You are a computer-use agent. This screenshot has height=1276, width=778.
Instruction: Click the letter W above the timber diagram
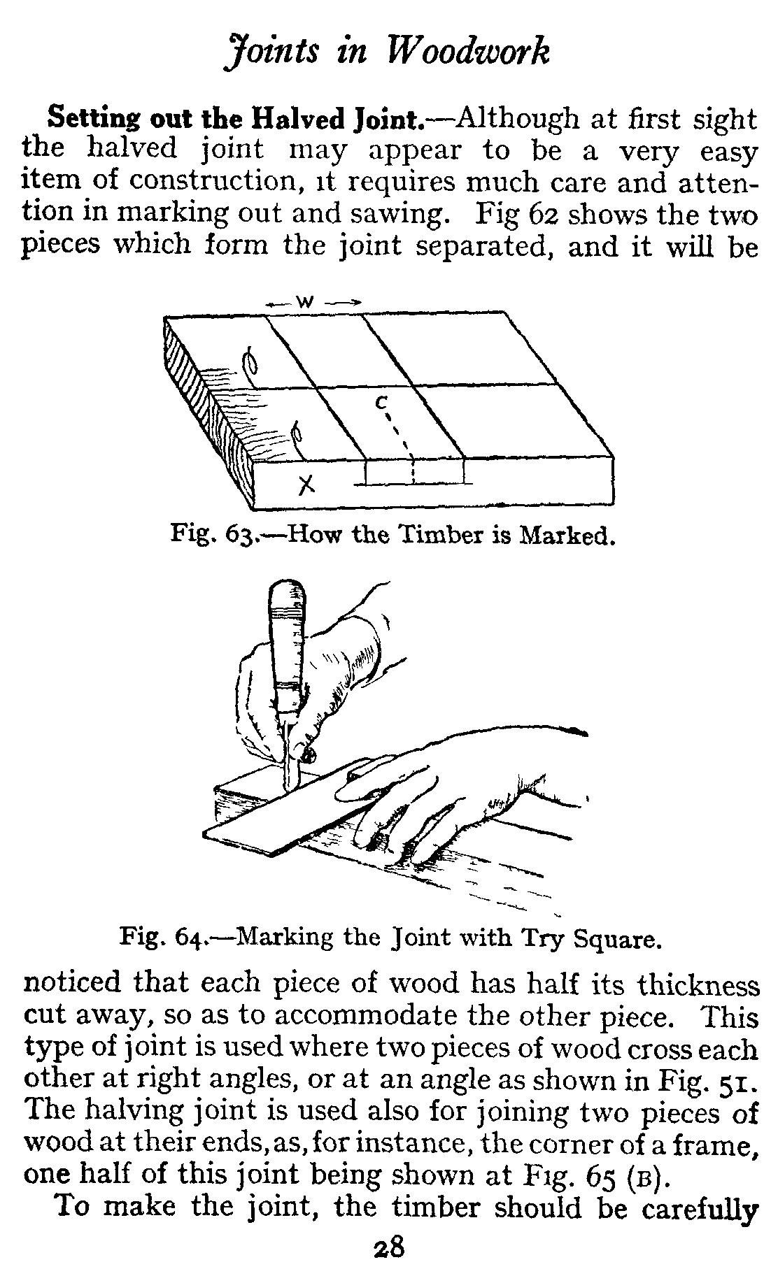click(x=305, y=302)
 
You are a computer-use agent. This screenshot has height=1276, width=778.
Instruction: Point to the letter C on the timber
click(x=381, y=402)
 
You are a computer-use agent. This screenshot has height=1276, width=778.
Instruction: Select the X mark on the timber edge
click(x=304, y=484)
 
